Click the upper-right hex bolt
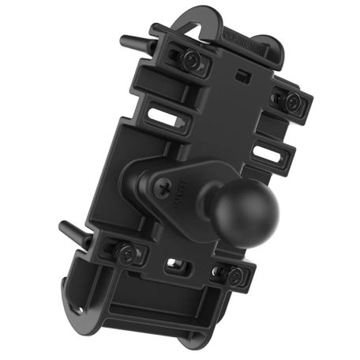point(292,100)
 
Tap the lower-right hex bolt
point(234,275)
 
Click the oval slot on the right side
point(269,156)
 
